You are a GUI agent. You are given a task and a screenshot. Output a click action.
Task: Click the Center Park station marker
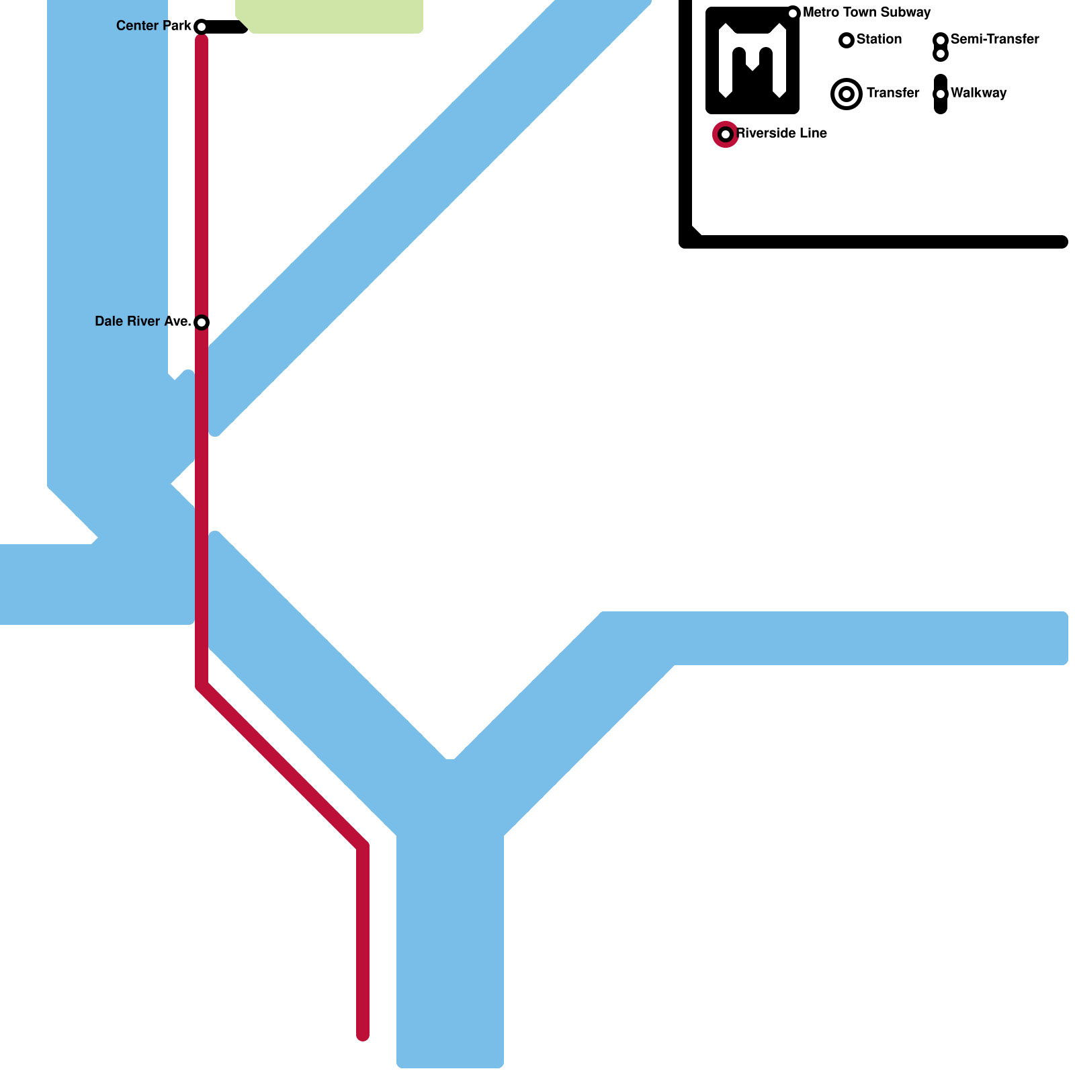[x=200, y=27]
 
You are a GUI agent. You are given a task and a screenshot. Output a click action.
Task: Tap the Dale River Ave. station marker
[x=201, y=322]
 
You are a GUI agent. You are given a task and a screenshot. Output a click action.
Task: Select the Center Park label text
[x=153, y=26]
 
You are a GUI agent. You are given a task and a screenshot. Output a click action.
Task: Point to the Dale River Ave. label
[x=142, y=322]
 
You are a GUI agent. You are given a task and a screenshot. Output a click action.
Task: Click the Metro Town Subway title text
[x=867, y=13]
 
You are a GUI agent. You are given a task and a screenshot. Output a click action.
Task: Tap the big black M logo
[x=752, y=60]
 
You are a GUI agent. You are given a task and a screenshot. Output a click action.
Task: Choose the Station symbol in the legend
[x=847, y=40]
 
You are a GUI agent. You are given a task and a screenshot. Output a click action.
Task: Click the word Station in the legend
[x=879, y=40]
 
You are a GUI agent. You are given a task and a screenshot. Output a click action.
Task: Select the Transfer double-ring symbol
[x=847, y=94]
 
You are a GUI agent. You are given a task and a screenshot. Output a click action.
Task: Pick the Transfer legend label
[x=892, y=93]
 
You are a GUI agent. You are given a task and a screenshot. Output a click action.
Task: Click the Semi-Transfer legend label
[x=994, y=40]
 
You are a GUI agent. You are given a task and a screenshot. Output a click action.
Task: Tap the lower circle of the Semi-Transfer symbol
[x=941, y=54]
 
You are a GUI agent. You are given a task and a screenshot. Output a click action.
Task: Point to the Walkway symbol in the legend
[x=941, y=94]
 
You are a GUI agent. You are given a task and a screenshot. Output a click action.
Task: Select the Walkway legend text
[x=978, y=93]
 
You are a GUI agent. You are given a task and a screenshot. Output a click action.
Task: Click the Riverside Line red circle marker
[x=726, y=134]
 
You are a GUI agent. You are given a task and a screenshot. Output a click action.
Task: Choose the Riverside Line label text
[x=781, y=134]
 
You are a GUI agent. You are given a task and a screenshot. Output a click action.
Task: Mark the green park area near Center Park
[x=329, y=15]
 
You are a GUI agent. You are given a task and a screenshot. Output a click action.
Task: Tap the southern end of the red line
[x=363, y=1035]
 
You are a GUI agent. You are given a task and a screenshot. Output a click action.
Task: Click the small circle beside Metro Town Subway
[x=793, y=13]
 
